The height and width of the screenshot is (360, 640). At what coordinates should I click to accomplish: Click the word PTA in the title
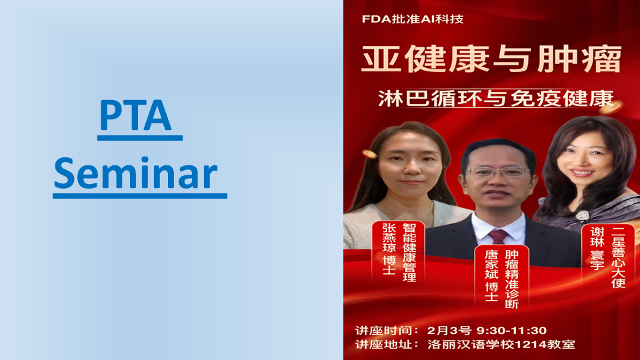(x=135, y=115)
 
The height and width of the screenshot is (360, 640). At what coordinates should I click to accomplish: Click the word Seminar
(x=135, y=173)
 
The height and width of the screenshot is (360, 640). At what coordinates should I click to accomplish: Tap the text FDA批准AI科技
(x=413, y=19)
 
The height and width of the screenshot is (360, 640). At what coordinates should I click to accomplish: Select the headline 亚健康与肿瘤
(x=491, y=59)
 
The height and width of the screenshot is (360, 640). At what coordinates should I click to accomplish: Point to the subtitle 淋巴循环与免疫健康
(x=496, y=99)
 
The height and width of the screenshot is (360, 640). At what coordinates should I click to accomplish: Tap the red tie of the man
(x=498, y=236)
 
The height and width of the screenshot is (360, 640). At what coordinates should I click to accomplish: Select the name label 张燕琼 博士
(x=389, y=249)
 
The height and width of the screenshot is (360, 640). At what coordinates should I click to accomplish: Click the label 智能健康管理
(x=409, y=252)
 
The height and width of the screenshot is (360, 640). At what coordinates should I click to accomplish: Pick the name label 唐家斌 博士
(x=491, y=275)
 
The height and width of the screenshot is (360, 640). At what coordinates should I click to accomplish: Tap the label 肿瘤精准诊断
(x=512, y=279)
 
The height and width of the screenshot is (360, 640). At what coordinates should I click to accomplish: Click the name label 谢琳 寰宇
(x=597, y=249)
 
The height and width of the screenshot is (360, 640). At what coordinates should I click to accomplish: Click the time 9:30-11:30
(x=511, y=330)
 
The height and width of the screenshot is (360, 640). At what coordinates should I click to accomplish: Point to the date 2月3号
(x=449, y=330)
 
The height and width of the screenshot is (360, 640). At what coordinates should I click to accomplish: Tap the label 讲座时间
(x=382, y=330)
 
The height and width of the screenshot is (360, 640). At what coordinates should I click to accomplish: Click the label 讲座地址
(x=382, y=345)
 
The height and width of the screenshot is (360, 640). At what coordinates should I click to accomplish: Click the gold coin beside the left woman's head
(x=369, y=154)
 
